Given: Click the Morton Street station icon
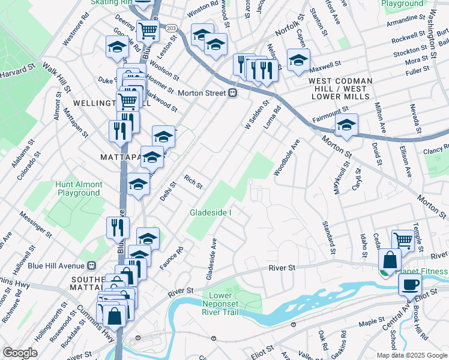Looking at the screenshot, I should [231, 92].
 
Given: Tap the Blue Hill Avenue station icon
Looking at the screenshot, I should [92, 265].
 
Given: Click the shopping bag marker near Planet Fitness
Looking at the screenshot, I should [390, 260].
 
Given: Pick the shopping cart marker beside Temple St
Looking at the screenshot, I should [403, 241].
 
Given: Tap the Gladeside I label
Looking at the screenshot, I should [211, 212].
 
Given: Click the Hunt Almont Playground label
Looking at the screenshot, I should [79, 188].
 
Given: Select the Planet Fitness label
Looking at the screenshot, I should [421, 271].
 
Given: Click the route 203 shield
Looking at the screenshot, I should [171, 28].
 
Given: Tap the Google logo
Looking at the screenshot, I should [20, 352].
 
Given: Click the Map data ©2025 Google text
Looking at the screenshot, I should [411, 355].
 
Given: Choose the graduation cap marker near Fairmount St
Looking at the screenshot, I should [346, 125].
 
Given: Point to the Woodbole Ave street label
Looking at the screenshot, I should [286, 157].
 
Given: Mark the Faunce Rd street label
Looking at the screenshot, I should [170, 258].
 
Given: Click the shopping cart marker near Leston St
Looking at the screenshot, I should [147, 30].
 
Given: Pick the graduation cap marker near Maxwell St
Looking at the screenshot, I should [298, 60].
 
